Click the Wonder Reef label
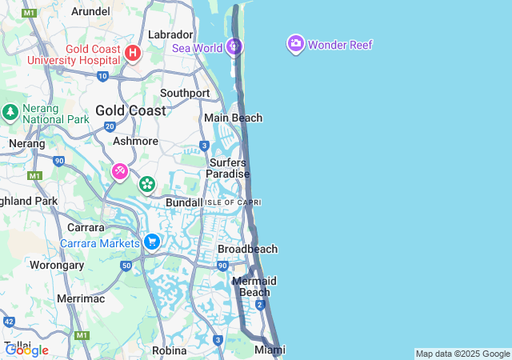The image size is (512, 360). point(340,45)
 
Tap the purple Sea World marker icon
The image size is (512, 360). point(234,47)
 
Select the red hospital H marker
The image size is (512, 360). point(133,54)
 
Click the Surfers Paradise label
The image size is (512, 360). point(228,168)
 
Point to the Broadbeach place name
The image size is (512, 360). point(247,249)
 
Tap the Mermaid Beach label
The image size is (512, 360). point(254,286)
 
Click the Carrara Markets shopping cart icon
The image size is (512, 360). point(151,241)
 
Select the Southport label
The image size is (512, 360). point(185,93)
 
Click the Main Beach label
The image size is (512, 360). point(233,118)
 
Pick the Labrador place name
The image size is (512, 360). point(170,34)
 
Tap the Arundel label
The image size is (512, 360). point(90,11)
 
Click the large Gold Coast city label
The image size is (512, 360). point(130,110)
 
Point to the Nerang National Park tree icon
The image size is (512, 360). point(10,111)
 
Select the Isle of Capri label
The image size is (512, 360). point(232,202)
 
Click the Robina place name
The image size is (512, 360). point(169,350)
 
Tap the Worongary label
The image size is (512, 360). point(57,264)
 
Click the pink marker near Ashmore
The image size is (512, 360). point(119,171)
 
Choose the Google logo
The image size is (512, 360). point(26,350)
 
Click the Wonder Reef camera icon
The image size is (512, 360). point(295,43)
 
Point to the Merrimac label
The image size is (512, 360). point(81,298)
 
